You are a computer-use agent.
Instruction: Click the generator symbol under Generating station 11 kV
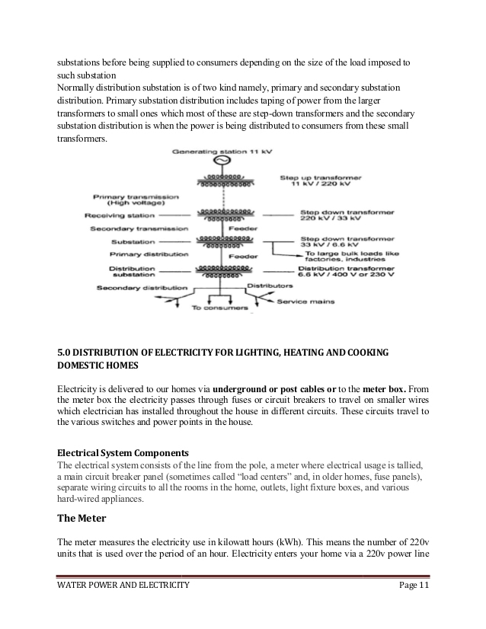click(x=222, y=163)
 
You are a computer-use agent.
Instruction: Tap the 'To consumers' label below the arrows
click(x=219, y=308)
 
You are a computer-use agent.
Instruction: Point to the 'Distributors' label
click(x=270, y=285)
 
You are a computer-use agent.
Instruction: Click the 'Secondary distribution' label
click(x=142, y=288)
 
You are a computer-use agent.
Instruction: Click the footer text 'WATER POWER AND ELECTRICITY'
click(x=123, y=585)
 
